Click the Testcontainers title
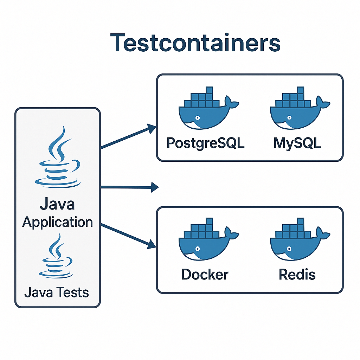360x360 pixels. pos(195,43)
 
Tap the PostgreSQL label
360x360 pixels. pos(205,143)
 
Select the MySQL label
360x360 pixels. pos(297,143)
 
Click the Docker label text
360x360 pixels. pos(205,275)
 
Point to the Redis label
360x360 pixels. pos(297,275)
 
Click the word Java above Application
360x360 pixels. pos(57,204)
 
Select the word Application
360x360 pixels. pos(57,222)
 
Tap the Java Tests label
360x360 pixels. pos(57,292)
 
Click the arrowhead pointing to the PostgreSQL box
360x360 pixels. pos(152,129)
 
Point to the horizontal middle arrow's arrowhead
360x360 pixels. pos(155,187)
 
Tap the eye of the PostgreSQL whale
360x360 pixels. pos(198,118)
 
